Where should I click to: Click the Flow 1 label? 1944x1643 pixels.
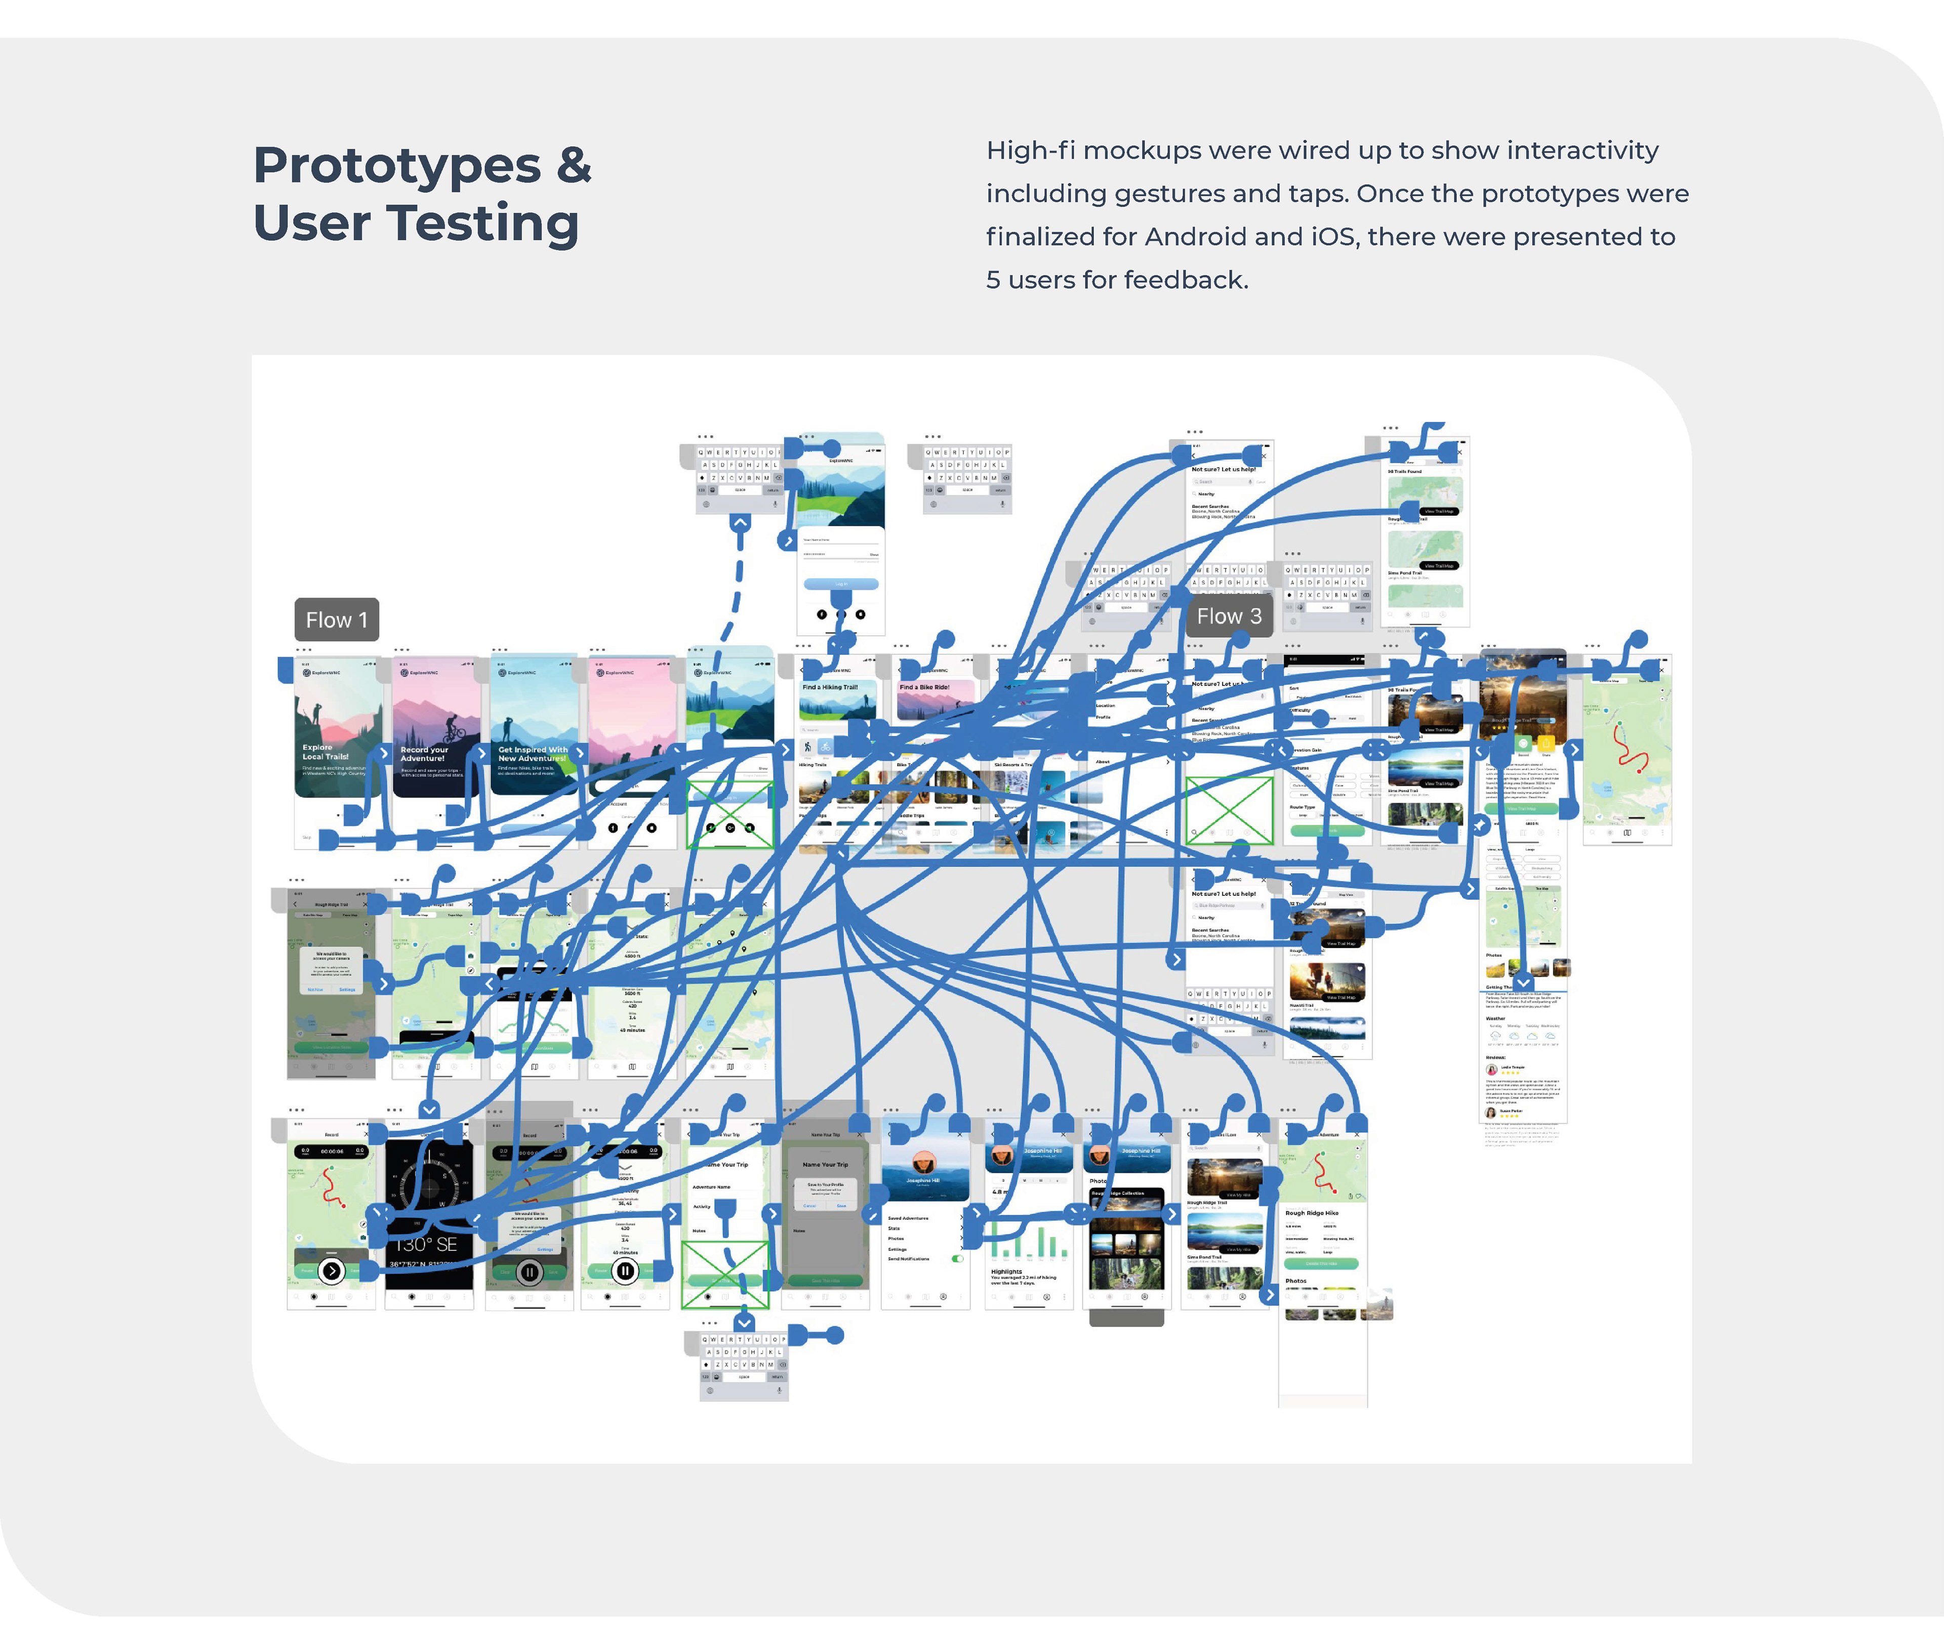[x=336, y=620]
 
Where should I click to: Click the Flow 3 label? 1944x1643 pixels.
[x=1229, y=615]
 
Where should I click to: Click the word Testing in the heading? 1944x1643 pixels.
[x=482, y=224]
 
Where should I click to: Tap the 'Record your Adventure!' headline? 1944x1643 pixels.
[x=424, y=754]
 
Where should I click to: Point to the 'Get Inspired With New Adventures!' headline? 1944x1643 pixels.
[x=532, y=754]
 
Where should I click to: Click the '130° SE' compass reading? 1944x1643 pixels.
[x=427, y=1244]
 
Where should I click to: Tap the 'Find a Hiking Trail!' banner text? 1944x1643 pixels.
[x=830, y=687]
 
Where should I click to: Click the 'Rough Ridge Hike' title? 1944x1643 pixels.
[x=1312, y=1213]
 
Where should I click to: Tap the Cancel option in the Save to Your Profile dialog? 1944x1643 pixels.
[x=809, y=1205]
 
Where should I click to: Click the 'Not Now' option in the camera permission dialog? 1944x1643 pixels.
[x=315, y=989]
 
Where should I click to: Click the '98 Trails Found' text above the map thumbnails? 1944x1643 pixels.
[x=1405, y=471]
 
